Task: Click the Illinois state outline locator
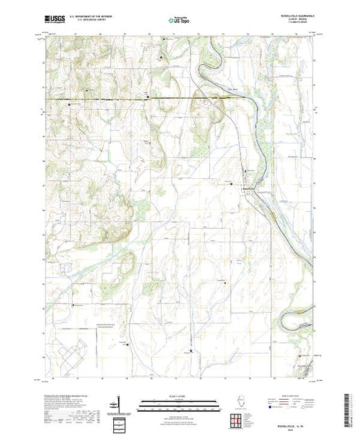point(238,403)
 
